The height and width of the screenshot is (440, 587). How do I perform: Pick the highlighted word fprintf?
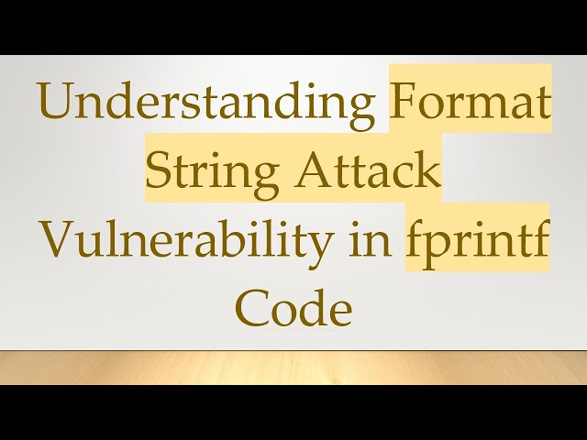tap(478, 243)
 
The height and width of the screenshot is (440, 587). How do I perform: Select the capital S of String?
tap(160, 172)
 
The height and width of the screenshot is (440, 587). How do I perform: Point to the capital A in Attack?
tap(319, 171)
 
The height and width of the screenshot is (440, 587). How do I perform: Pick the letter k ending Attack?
tap(427, 171)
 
